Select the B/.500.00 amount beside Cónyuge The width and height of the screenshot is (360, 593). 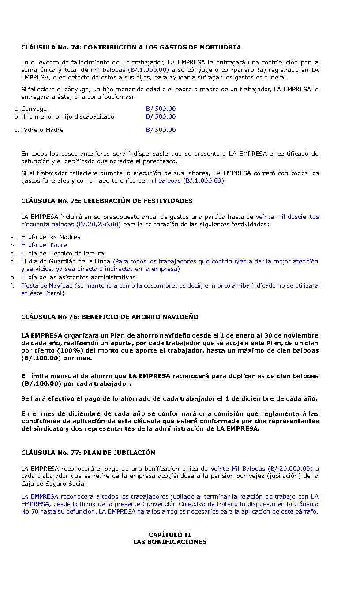pos(161,109)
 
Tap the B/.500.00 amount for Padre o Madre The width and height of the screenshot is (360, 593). pos(161,130)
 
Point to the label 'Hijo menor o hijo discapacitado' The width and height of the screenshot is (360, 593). pos(67,116)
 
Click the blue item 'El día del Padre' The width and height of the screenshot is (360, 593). pos(44,245)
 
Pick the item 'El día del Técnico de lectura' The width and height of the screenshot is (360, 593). pos(63,253)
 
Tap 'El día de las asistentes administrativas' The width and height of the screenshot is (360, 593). pos(79,278)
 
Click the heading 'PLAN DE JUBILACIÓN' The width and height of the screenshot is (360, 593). pos(119,453)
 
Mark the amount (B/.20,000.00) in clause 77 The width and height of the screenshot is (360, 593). pos(290,469)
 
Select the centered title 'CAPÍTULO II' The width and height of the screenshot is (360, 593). pos(170,535)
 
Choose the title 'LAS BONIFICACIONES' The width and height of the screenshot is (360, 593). pos(170,542)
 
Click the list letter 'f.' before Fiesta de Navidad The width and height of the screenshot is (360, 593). pos(12,285)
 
